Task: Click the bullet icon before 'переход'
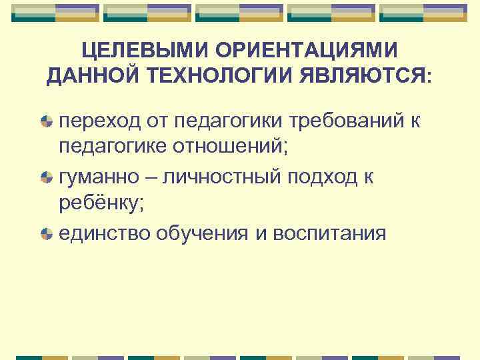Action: tap(46, 121)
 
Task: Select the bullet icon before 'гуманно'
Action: tap(46, 177)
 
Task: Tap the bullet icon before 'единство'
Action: tap(46, 233)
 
